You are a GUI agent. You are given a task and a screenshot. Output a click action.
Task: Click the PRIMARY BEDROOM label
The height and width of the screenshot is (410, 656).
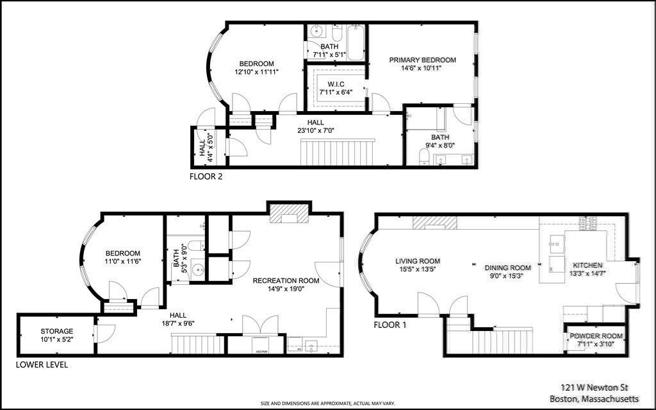(x=423, y=60)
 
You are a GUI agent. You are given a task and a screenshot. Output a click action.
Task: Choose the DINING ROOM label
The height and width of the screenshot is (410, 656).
(x=507, y=268)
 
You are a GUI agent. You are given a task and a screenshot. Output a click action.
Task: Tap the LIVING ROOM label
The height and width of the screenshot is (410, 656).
(x=417, y=261)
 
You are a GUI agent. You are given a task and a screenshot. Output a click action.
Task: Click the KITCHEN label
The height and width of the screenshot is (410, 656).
(x=587, y=265)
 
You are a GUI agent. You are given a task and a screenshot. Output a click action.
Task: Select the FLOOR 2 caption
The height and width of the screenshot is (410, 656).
(x=206, y=176)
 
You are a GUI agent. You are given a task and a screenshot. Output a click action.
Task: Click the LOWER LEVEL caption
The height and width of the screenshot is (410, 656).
(x=42, y=365)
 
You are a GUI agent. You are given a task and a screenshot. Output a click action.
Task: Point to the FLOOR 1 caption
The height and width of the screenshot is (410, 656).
(x=390, y=325)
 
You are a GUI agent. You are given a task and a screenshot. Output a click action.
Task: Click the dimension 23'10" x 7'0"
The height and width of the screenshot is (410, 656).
(x=315, y=130)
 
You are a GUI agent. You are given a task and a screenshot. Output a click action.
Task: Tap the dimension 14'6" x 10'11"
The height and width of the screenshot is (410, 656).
(x=423, y=68)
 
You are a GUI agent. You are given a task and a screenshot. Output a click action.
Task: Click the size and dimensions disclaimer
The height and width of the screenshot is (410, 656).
(x=327, y=404)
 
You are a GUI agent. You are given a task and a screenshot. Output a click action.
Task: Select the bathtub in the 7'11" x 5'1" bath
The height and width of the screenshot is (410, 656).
(x=356, y=42)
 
